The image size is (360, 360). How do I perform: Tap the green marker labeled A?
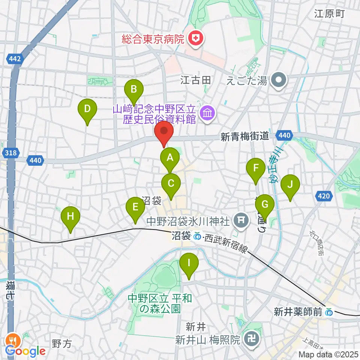tap(170, 157)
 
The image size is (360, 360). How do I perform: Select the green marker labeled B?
tap(134, 89)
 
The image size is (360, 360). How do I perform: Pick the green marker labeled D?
tap(87, 109)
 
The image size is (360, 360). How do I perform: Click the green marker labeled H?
tap(70, 216)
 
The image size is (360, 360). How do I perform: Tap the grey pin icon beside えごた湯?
tap(280, 79)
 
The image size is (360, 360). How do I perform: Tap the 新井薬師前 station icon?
tap(328, 311)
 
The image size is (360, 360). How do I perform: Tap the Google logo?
tap(25, 351)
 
